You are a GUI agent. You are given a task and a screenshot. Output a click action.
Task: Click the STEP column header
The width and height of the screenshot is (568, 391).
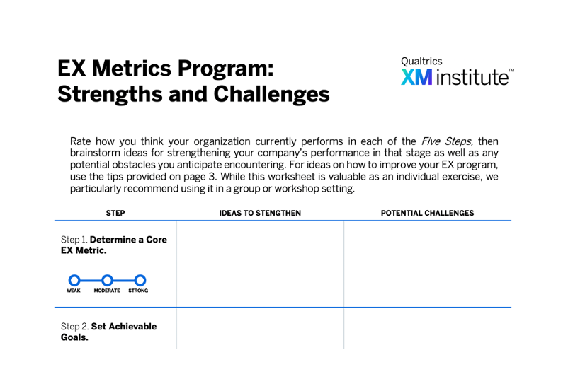click(x=115, y=213)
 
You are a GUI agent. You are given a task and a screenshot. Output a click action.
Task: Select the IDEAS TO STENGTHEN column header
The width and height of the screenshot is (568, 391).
click(x=260, y=213)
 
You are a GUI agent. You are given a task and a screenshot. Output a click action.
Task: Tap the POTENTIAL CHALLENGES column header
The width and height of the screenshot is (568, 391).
click(x=427, y=213)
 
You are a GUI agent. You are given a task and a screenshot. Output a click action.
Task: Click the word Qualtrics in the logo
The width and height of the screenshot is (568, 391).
click(x=421, y=61)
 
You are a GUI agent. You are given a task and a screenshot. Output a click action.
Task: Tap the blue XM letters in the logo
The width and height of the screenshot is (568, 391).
click(x=416, y=77)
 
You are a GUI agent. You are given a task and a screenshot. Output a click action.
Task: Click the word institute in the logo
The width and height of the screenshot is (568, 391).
click(x=472, y=77)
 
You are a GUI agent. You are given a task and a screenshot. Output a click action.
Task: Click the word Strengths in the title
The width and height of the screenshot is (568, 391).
click(x=110, y=94)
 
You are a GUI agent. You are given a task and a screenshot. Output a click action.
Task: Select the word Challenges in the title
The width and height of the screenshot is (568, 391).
click(x=271, y=94)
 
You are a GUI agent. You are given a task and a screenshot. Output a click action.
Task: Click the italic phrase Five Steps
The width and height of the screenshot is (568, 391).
click(x=446, y=141)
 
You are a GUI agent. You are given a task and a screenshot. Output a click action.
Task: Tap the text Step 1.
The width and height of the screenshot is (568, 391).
click(x=74, y=240)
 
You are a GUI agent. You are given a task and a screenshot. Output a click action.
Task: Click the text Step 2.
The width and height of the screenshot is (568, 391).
click(x=74, y=327)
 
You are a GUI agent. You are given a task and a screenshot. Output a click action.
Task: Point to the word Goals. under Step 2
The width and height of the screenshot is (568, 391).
click(x=74, y=337)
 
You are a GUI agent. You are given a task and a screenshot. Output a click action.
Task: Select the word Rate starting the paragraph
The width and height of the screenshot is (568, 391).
click(x=81, y=141)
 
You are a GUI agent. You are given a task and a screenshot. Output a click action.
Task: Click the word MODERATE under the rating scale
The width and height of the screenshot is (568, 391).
click(x=107, y=291)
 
